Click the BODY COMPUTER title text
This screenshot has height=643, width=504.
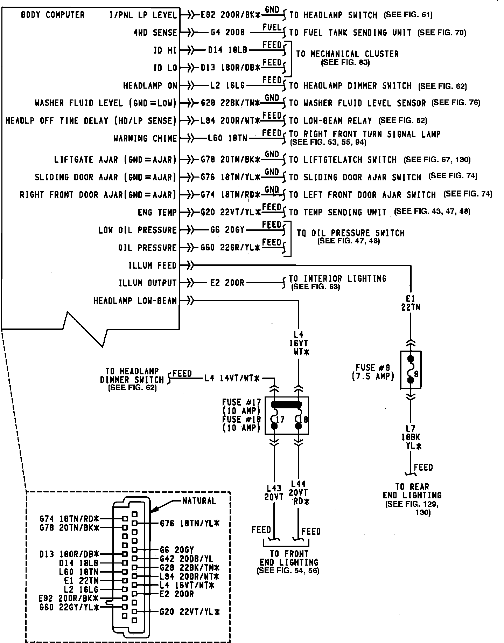[x=52, y=15]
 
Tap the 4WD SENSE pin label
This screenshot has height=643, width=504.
[x=155, y=33]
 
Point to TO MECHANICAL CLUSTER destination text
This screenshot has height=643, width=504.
[x=347, y=54]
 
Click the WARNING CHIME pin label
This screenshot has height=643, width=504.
[x=145, y=138]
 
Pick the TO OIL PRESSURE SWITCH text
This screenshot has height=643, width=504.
[x=350, y=233]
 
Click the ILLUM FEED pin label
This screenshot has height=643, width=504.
[x=153, y=265]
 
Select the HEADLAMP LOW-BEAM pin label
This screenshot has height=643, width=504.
[x=135, y=300]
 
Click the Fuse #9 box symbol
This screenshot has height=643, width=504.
[x=411, y=370]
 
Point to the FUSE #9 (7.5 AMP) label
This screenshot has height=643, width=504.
[x=373, y=372]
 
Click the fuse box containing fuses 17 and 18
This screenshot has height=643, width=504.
[x=287, y=415]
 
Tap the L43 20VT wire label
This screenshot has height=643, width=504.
[x=274, y=492]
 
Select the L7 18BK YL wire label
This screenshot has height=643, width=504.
[x=411, y=437]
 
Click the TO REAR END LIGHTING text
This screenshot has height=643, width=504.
[x=412, y=491]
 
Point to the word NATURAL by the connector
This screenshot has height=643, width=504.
[x=199, y=501]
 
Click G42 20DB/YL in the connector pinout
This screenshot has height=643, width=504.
[x=186, y=559]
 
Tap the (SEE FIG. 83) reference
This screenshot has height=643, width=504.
[x=345, y=63]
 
